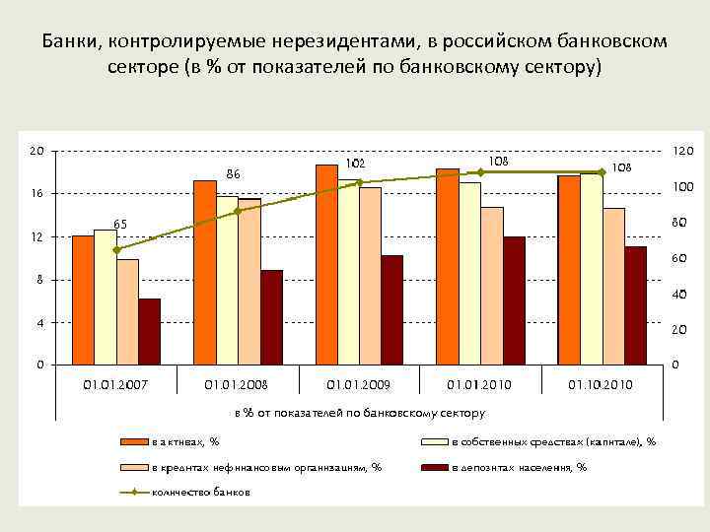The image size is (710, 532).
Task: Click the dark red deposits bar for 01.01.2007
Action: (149, 332)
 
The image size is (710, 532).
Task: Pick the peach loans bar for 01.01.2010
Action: (492, 286)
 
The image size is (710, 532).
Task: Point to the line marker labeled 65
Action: (117, 249)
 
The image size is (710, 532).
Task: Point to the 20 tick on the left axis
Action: (36, 151)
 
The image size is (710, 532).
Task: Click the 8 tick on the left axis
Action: (38, 280)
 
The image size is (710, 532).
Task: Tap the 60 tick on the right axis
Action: (680, 258)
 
